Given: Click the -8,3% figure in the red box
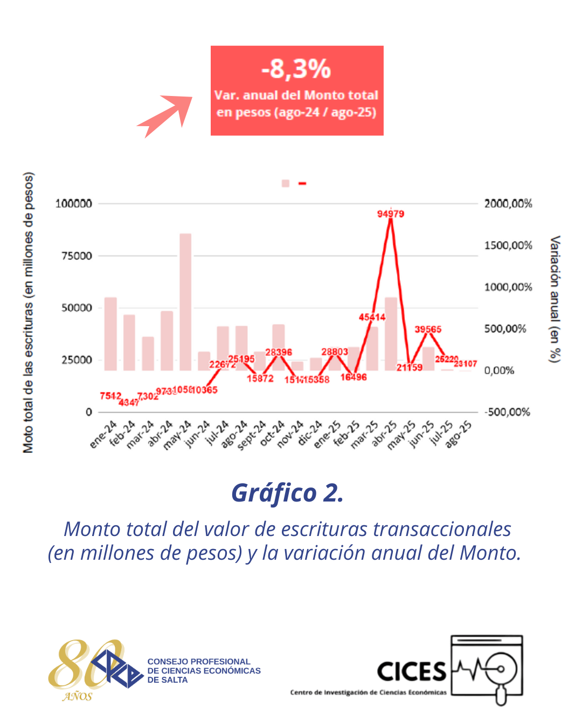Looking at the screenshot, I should [296, 69].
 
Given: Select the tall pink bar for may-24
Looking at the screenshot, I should [185, 302].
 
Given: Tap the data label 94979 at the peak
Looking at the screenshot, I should [391, 214].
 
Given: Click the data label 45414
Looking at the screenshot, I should [372, 317].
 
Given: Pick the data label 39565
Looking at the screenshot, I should [428, 329].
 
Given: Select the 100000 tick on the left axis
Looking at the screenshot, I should [74, 204].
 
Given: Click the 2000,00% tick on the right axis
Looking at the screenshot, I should [508, 204].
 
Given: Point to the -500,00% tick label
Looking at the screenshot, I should [507, 413].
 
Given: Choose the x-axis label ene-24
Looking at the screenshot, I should [103, 434].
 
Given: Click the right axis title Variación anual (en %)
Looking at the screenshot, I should [555, 299].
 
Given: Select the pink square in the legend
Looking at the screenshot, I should [286, 183].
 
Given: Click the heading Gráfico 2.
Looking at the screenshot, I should [287, 493].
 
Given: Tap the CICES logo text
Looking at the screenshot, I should [412, 672].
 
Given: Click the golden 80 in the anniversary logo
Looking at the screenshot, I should [81, 664].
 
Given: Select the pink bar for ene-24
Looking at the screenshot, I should [110, 334].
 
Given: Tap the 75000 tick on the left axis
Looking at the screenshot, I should [77, 256].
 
